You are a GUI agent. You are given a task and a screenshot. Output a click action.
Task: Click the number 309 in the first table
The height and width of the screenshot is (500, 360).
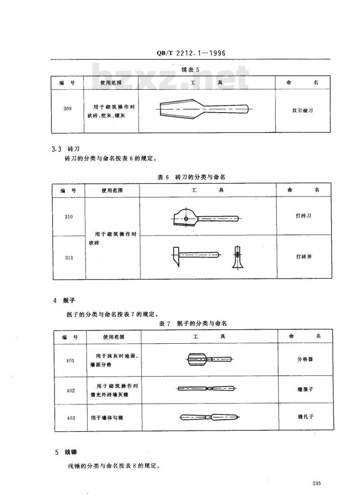pos(67,109)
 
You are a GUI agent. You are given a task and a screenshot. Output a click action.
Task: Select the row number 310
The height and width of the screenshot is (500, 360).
pos(68,217)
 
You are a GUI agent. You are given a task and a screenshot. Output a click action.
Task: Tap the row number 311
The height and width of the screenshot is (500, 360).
pos(69,258)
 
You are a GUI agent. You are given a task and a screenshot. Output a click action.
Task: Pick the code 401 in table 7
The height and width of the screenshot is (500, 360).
pos(70,361)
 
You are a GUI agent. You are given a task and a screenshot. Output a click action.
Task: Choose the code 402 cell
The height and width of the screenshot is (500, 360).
pos(71,391)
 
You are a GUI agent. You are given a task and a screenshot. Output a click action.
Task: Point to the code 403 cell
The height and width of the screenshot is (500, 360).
pos(71,418)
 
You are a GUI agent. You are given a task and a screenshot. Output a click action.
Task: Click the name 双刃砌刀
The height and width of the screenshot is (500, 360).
pos(302,111)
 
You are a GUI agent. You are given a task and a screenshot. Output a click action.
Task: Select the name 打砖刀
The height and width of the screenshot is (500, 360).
pos(303,216)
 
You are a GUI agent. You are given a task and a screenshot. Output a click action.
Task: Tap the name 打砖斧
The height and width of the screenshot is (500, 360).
pos(304,256)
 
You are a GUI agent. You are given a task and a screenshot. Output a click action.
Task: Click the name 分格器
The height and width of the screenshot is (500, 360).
pos(305,359)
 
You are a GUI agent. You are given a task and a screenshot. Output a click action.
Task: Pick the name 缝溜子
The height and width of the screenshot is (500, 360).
pos(306,389)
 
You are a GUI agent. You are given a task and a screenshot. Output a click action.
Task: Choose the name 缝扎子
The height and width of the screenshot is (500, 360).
pos(306,417)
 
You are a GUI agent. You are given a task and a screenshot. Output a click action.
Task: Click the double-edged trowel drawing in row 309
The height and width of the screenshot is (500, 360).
pos(204,109)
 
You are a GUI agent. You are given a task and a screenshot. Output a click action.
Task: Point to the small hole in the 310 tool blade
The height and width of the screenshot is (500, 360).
pos(186,219)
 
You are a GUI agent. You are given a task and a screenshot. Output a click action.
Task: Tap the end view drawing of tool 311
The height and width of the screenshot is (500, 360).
pos(237,257)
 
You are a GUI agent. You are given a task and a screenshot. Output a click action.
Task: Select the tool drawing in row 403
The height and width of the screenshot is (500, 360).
pos(210,417)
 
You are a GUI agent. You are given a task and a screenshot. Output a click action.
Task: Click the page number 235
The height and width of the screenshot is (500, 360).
pos(316,483)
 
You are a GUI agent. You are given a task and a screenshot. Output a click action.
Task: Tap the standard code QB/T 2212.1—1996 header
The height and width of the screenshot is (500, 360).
pos(191,53)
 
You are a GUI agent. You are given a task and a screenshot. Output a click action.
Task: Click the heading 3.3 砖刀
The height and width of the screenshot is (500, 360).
pos(65,149)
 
